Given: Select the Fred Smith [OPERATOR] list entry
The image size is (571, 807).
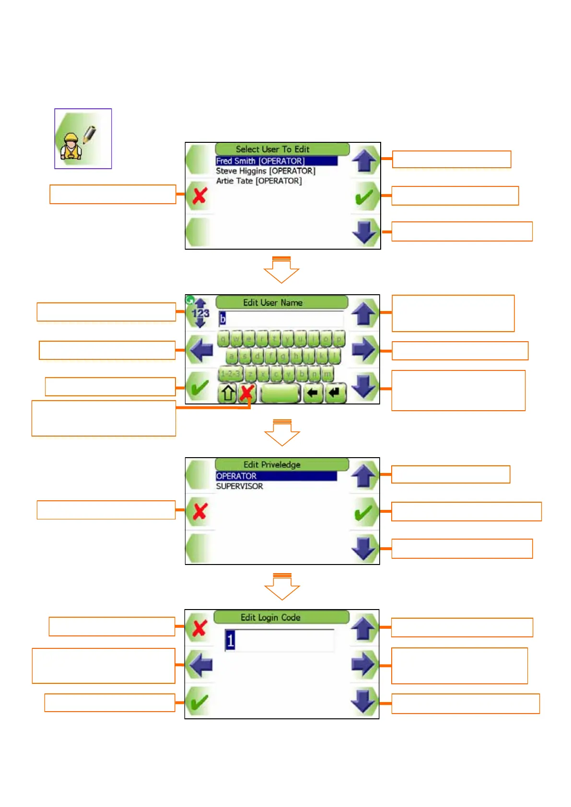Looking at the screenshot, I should coord(260,161).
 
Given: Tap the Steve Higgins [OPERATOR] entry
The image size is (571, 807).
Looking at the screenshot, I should coord(265,171).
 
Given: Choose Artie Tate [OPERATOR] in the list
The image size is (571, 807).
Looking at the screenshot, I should coord(258,181).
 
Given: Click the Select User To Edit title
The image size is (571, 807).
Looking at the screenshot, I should coord(272,149).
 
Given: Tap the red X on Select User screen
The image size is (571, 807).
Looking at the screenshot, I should coord(199,196).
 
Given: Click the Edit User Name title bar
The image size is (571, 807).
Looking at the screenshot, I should coord(272,302).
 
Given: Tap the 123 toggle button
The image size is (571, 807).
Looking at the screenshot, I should coord(200,313).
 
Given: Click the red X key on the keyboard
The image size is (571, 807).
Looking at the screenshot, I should coord(246,393).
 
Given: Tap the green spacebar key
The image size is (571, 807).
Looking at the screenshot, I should coord(280,393).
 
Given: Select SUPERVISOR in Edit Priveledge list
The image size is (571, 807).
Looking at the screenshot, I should coord(239,486).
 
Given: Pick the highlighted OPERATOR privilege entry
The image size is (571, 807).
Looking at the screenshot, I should coord(236,476).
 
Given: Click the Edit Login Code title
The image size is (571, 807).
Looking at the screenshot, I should coord(270,617).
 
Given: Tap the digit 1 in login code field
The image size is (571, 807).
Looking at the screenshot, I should coord(230,641).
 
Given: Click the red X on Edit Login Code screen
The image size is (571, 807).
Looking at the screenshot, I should coord(199,628).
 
